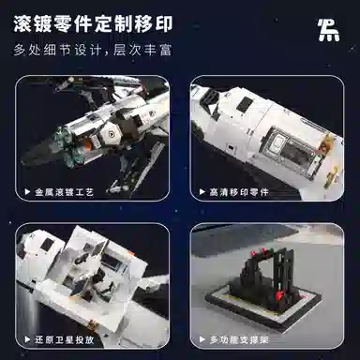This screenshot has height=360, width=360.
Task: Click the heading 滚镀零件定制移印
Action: [93, 24]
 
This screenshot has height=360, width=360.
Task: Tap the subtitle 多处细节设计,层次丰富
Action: [93, 50]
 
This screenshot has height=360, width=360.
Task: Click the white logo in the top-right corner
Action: [328, 30]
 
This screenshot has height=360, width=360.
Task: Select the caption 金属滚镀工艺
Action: [64, 192]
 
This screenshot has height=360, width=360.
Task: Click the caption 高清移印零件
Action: [239, 192]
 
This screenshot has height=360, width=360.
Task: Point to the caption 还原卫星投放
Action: [64, 339]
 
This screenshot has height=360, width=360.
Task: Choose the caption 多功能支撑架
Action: [239, 339]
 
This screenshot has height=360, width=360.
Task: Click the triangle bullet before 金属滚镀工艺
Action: [27, 192]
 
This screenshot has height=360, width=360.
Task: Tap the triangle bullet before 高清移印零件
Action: [202, 192]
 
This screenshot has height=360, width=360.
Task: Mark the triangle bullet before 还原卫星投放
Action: [27, 339]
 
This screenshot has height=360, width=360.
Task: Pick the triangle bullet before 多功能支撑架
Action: [202, 339]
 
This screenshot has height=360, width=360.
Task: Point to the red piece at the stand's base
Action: [279, 295]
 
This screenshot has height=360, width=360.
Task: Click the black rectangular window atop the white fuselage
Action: [245, 104]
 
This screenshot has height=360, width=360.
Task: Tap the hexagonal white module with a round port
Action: [110, 134]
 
